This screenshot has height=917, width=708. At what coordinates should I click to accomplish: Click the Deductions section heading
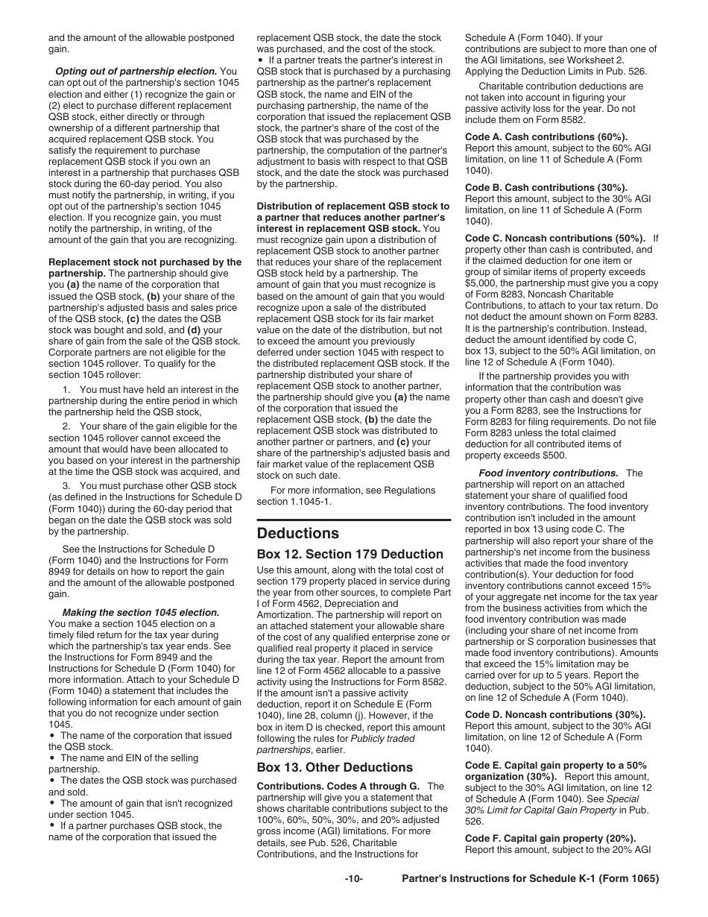[297, 533]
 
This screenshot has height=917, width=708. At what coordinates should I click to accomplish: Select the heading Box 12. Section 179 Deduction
[350, 554]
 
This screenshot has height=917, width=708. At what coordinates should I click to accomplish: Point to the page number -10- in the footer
[353, 879]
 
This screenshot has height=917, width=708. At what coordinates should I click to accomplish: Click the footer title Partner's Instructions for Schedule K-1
[530, 879]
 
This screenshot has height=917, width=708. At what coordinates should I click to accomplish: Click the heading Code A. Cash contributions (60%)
[546, 137]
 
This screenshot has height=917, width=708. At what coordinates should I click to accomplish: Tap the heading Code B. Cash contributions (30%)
[546, 188]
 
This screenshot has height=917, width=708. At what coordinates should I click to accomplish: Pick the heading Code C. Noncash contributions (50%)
[555, 239]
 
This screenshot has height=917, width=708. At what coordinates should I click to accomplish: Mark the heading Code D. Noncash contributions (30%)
[555, 714]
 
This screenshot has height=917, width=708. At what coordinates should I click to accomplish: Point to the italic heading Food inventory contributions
[548, 473]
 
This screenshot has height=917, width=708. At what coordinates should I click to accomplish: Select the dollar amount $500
[556, 456]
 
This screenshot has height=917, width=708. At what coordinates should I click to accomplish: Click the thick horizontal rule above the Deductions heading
[353, 520]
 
